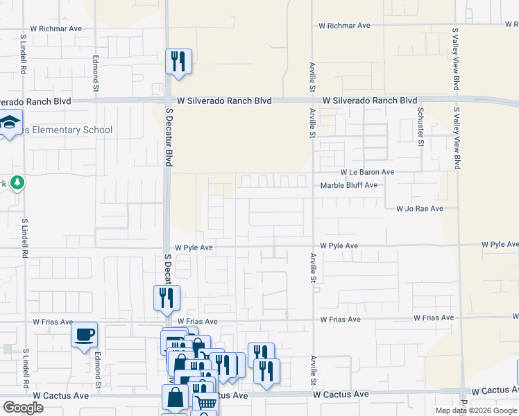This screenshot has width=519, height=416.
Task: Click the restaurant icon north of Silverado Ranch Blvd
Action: pyautogui.click(x=178, y=61)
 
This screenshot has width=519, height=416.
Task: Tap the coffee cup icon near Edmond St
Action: pyautogui.click(x=85, y=335)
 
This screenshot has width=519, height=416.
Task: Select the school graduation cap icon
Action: pyautogui.click(x=10, y=124)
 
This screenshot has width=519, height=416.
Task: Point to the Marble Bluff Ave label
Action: pyautogui.click(x=348, y=185)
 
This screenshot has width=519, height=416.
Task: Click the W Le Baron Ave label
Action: pyautogui.click(x=367, y=172)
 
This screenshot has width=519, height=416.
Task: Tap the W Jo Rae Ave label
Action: pyautogui.click(x=419, y=208)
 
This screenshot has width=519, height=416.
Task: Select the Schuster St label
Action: pyautogui.click(x=420, y=127)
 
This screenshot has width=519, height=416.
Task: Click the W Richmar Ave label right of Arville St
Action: pyautogui.click(x=345, y=26)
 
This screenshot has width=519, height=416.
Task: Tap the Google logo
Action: pyautogui.click(x=23, y=408)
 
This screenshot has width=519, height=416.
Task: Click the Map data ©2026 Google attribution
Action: pyautogui.click(x=475, y=410)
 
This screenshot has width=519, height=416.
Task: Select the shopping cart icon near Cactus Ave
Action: pyautogui.click(x=205, y=402)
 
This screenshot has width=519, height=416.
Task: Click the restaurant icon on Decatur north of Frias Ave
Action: pyautogui.click(x=167, y=297)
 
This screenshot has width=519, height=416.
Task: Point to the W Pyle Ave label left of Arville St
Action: pyautogui.click(x=194, y=247)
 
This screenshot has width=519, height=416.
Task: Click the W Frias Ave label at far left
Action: pyautogui.click(x=53, y=322)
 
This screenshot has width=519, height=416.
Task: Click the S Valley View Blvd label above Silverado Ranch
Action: pyautogui.click(x=456, y=59)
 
